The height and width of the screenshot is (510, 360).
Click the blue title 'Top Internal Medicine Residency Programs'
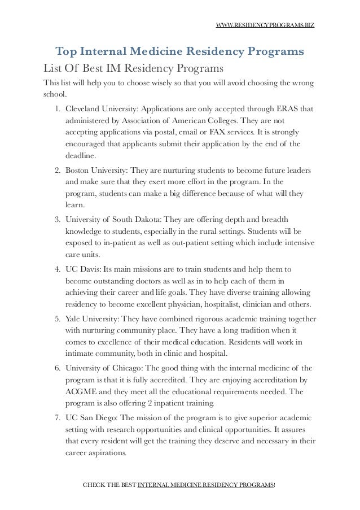(179, 53)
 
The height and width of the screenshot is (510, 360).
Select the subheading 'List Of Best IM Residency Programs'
(133, 69)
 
